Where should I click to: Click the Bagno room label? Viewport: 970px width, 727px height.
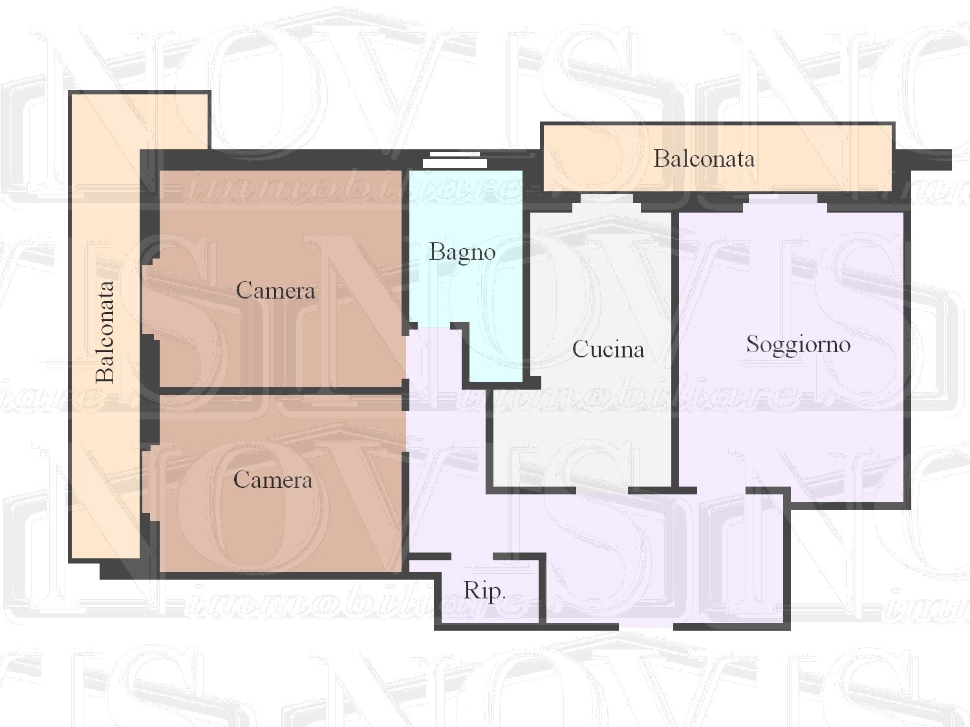point(462,253)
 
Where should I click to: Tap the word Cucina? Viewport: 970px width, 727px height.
point(608,349)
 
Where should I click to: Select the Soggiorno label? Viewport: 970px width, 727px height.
point(798,344)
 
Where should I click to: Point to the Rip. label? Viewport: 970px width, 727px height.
point(484,591)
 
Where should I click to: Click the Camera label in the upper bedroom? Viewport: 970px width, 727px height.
point(275,290)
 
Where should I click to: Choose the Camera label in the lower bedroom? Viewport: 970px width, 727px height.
point(273,479)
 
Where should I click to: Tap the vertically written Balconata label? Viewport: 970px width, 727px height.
point(105,332)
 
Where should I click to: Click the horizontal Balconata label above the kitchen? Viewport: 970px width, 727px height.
point(704,159)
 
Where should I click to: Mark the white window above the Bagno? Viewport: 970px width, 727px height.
point(455,160)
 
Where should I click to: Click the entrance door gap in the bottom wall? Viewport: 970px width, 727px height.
point(645,626)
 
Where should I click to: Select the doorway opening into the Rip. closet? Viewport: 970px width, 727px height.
point(472,556)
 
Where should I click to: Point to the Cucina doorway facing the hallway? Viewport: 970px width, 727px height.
point(602,490)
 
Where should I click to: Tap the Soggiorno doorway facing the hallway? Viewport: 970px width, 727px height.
point(721,490)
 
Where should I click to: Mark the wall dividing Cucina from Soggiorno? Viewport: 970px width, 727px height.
point(675,349)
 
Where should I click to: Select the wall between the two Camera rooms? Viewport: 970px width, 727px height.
point(280,391)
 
